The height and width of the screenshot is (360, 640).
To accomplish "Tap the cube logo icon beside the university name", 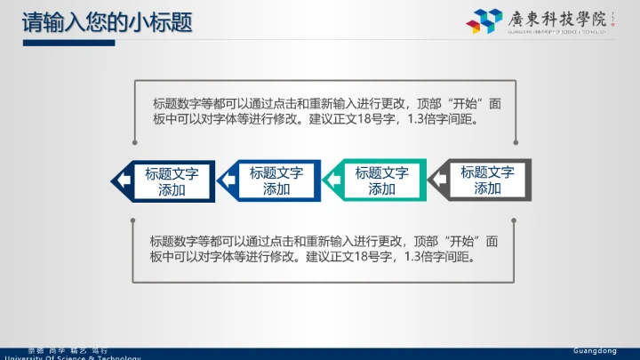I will point(484,21).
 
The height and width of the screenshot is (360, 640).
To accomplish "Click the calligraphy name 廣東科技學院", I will point(551,19).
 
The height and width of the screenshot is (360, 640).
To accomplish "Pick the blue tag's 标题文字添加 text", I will point(276,180).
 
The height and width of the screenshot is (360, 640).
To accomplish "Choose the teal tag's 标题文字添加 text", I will point(381,180).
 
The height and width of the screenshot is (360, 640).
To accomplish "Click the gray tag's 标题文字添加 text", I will point(487,180).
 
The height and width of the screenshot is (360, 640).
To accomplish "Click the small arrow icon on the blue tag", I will point(229,180).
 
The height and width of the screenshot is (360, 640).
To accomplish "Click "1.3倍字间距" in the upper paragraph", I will point(445,120).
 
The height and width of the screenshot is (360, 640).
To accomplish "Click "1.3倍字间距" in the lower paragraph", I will point(442,258).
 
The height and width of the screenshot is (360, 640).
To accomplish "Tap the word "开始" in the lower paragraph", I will point(460,241).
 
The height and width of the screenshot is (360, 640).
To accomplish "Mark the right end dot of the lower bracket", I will point(513,219).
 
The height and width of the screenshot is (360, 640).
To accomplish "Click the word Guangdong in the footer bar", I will point(595,351).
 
